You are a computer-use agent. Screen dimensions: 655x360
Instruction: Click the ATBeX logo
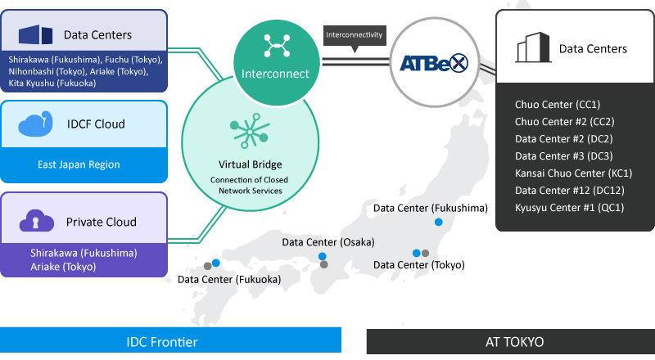pyautogui.click(x=434, y=63)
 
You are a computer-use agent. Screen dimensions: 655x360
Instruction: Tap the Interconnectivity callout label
pyautogui.click(x=355, y=35)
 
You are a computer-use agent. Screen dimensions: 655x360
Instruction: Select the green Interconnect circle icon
pyautogui.click(x=276, y=62)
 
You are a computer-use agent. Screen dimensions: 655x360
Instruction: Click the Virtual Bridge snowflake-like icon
pyautogui.click(x=250, y=131)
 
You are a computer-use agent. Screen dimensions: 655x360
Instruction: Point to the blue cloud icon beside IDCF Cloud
pyautogui.click(x=35, y=124)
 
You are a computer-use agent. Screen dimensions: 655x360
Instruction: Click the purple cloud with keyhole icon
pyautogui.click(x=36, y=221)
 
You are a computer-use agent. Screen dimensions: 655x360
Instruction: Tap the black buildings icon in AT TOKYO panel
pyautogui.click(x=533, y=47)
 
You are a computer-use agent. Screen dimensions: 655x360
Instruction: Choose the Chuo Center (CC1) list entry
pyautogui.click(x=558, y=105)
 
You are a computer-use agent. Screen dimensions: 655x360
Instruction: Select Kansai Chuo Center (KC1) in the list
pyautogui.click(x=573, y=173)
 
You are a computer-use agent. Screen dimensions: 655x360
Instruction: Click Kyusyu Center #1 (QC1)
pyautogui.click(x=569, y=208)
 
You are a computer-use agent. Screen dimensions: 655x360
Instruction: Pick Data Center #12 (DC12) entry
pyautogui.click(x=569, y=191)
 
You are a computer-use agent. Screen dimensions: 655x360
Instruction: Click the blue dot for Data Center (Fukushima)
pyautogui.click(x=438, y=223)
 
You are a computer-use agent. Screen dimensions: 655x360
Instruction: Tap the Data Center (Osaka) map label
pyautogui.click(x=328, y=242)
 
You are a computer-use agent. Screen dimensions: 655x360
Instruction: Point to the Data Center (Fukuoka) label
pyautogui.click(x=229, y=279)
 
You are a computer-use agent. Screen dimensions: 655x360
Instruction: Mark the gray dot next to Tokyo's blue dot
pyautogui.click(x=425, y=253)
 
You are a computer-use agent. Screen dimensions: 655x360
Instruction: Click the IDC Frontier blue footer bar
pyautogui.click(x=170, y=340)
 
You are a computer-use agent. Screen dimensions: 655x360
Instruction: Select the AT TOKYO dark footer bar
pyautogui.click(x=510, y=342)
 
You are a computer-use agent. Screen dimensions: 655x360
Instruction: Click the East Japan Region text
pyautogui.click(x=79, y=164)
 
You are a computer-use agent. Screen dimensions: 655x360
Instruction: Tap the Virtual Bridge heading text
pyautogui.click(x=250, y=164)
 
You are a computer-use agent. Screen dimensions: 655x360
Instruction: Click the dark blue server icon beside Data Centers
pyautogui.click(x=35, y=34)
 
